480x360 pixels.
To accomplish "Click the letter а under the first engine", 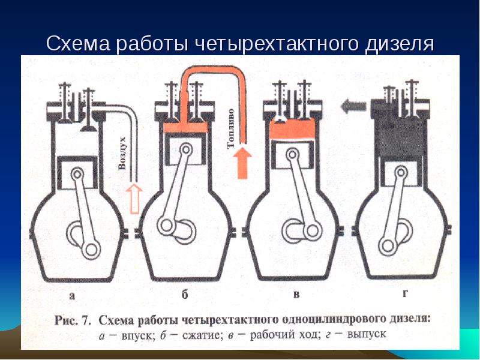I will [x=73, y=295].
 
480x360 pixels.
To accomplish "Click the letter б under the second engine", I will [x=185, y=295].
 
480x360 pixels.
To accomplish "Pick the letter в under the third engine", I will [x=296, y=295].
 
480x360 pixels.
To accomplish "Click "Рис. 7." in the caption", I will [x=74, y=319].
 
